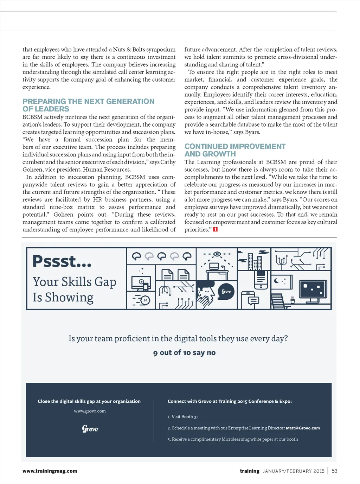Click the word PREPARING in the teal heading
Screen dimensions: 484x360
click(x=44, y=101)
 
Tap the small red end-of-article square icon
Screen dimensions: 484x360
click(x=216, y=229)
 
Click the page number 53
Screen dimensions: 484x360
click(x=334, y=471)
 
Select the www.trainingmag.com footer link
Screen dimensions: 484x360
click(x=50, y=471)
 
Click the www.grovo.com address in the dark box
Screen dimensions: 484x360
click(x=90, y=411)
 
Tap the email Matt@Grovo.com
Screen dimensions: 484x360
click(x=303, y=428)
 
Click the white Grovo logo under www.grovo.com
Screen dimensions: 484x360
click(x=90, y=429)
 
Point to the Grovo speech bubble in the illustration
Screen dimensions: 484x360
click(x=226, y=291)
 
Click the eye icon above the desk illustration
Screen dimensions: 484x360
click(x=217, y=254)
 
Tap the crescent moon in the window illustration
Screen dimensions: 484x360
click(x=277, y=281)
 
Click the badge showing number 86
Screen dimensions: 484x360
click(x=145, y=300)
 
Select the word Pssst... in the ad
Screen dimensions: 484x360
click(x=62, y=261)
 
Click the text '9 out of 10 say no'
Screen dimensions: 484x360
click(x=184, y=352)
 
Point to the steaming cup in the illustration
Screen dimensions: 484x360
click(x=292, y=301)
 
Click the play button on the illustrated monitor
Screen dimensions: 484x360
click(x=141, y=282)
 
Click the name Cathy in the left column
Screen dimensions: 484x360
click(x=168, y=162)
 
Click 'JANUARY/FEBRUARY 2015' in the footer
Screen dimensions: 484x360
click(x=293, y=471)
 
